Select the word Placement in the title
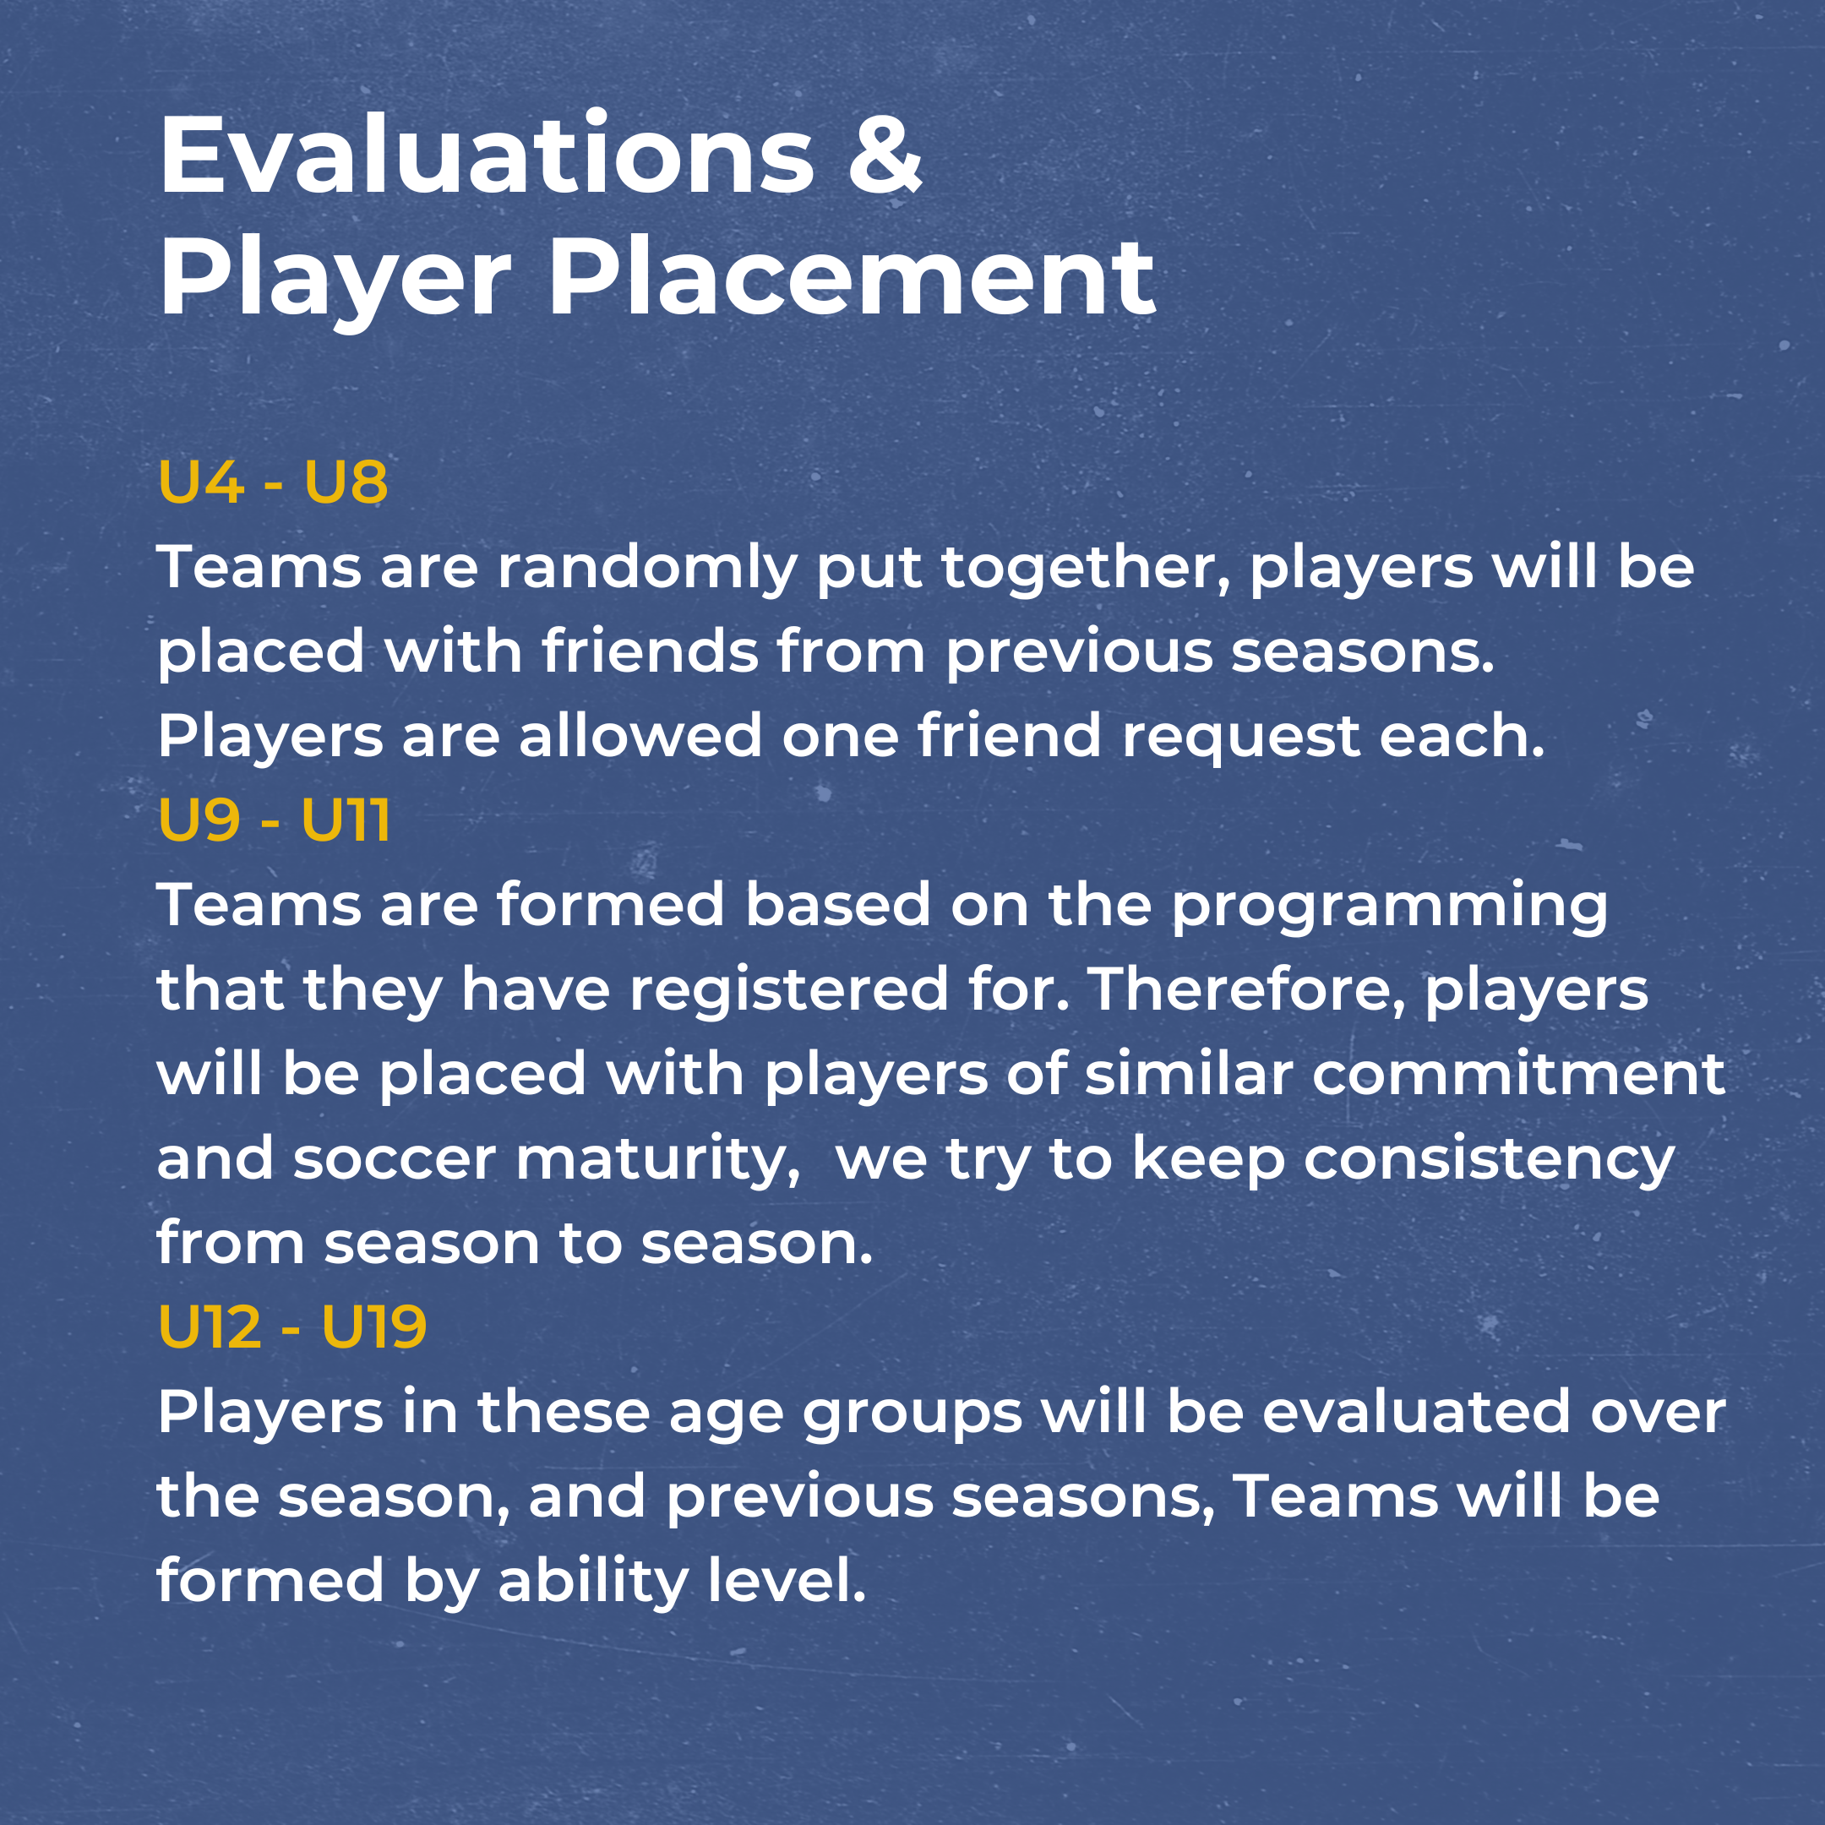coord(851,278)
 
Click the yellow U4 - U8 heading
coord(273,482)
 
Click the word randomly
coord(647,569)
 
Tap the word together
coord(1086,569)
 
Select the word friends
coord(650,651)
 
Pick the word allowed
coord(640,736)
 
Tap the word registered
coord(787,990)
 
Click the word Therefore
coord(1248,990)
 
